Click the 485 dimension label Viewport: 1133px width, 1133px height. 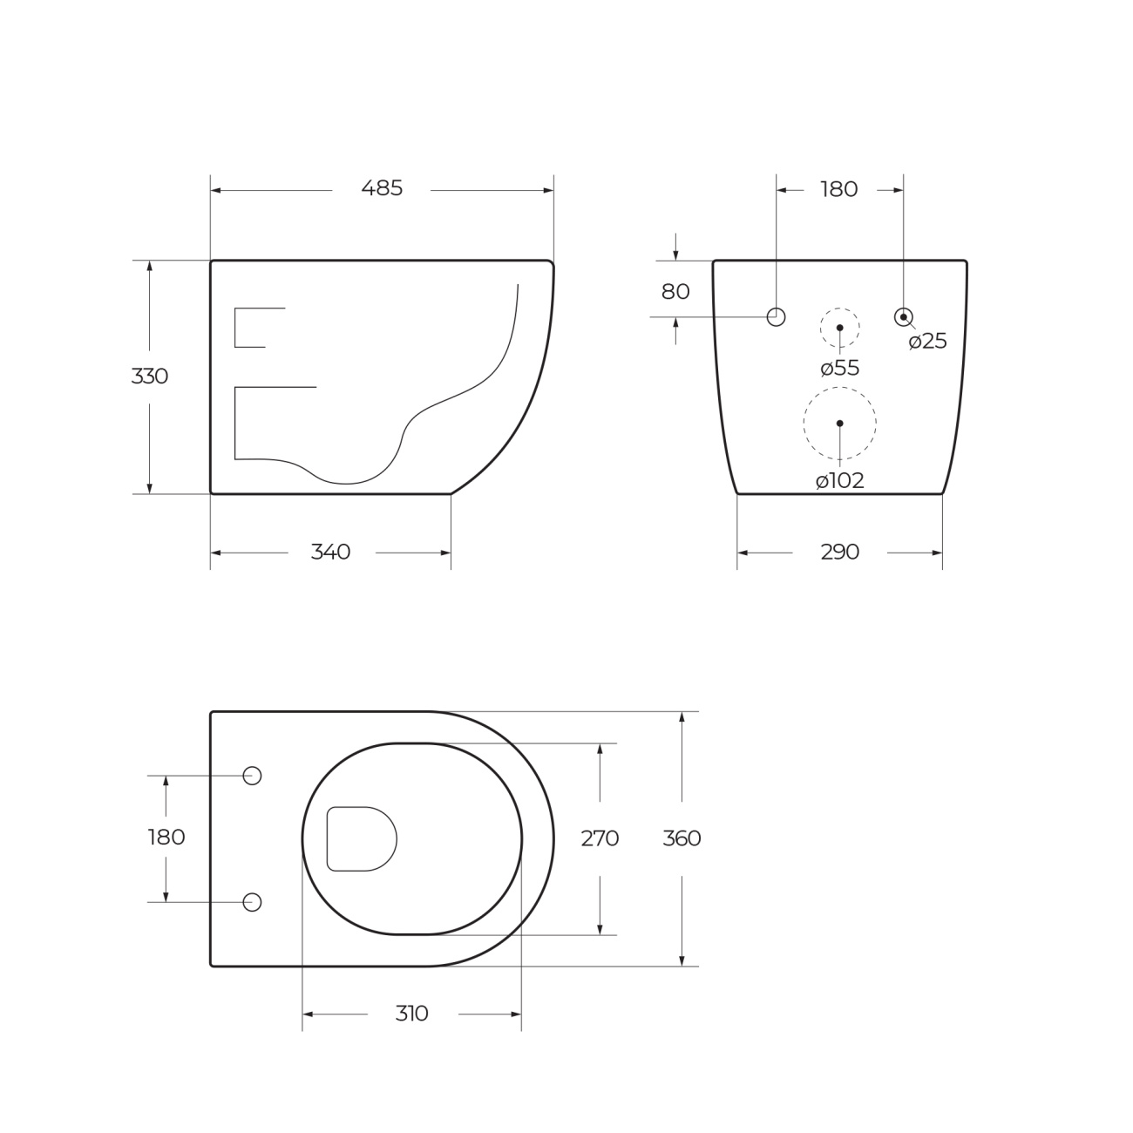coord(382,189)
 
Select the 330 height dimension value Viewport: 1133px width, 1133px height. coord(149,377)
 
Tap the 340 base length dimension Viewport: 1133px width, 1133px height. coord(330,552)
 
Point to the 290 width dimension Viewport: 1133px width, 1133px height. coord(839,552)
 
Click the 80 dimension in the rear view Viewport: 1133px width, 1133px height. coord(675,292)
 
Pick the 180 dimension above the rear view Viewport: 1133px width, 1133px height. coord(839,189)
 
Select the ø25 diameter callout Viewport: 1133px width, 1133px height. coord(928,341)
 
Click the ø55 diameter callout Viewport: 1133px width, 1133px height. coord(840,369)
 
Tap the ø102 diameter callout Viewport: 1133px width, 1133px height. coord(840,481)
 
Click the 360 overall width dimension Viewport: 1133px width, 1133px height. coord(682,838)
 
